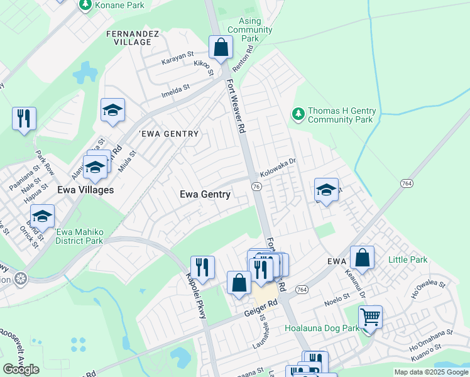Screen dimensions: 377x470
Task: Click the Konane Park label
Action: pos(119,5)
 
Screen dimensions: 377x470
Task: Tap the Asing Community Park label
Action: pos(250,30)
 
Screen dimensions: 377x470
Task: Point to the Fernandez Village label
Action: pos(129,37)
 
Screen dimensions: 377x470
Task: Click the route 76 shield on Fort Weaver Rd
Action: pos(256,187)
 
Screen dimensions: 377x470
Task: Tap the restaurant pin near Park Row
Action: pos(24,118)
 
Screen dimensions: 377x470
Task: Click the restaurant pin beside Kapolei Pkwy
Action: pos(202,267)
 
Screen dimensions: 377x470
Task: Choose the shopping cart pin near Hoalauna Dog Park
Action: pos(371,317)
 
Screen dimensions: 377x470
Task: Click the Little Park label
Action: pos(407,260)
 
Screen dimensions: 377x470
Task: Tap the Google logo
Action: pos(21,369)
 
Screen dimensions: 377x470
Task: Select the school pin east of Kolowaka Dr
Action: pos(327,190)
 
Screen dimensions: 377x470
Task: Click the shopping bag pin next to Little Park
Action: pos(362,257)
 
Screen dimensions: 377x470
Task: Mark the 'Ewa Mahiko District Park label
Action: pos(79,236)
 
